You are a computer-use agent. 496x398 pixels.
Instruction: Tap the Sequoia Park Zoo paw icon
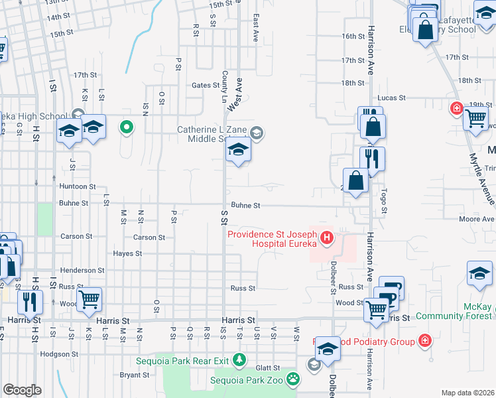pos(292,379)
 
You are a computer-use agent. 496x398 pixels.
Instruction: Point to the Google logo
pos(21,390)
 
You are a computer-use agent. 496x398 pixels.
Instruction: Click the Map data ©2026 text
pos(467,393)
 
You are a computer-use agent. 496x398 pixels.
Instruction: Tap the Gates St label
pos(205,85)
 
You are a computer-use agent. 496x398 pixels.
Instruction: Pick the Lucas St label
pos(392,98)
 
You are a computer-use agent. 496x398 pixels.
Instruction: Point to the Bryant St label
pos(135,375)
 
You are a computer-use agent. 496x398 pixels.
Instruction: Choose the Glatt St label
pos(269,367)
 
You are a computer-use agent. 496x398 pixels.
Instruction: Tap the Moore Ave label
pos(476,219)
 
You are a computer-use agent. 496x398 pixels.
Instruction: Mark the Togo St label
pos(383,202)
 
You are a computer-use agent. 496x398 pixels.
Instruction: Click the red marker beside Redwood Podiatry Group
pos(424,342)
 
